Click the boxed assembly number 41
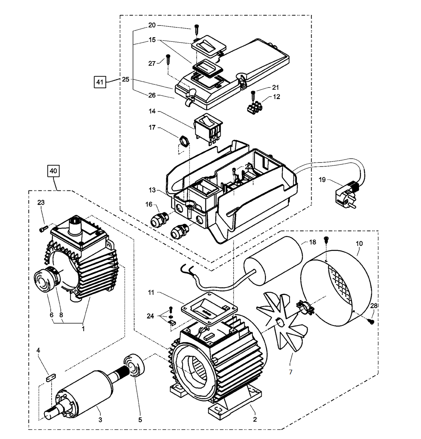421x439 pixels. pyautogui.click(x=100, y=82)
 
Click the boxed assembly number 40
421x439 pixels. pyautogui.click(x=54, y=170)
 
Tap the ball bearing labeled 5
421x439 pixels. pyautogui.click(x=134, y=366)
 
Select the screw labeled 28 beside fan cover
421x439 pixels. pyautogui.click(x=372, y=321)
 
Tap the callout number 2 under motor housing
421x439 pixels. pyautogui.click(x=254, y=419)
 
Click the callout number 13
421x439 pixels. pyautogui.click(x=152, y=190)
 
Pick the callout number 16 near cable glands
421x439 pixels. pyautogui.click(x=149, y=204)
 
